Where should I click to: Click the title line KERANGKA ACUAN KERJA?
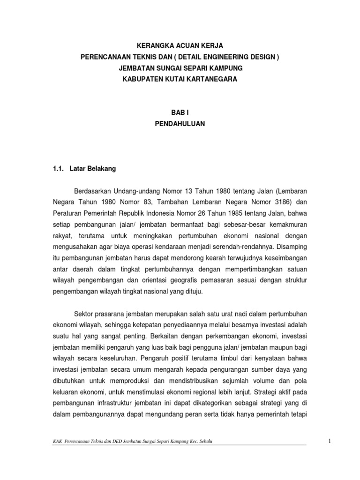(x=180, y=45)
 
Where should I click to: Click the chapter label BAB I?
(x=180, y=113)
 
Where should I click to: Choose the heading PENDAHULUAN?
(x=180, y=124)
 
